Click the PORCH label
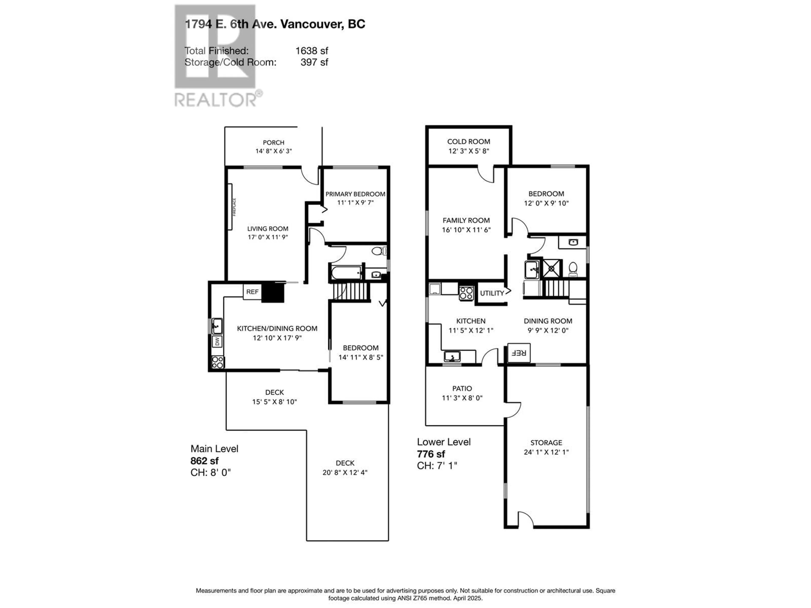[x=274, y=142]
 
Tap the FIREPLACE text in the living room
[x=234, y=207]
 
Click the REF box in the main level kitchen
[x=252, y=292]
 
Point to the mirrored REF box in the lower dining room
[x=519, y=353]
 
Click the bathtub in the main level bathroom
[x=346, y=273]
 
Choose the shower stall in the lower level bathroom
[x=551, y=269]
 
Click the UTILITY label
[x=492, y=293]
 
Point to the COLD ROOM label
[x=469, y=141]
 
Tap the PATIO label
[x=462, y=388]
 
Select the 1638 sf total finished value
[x=312, y=51]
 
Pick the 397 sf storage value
[x=314, y=62]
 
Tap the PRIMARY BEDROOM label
[x=355, y=194]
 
